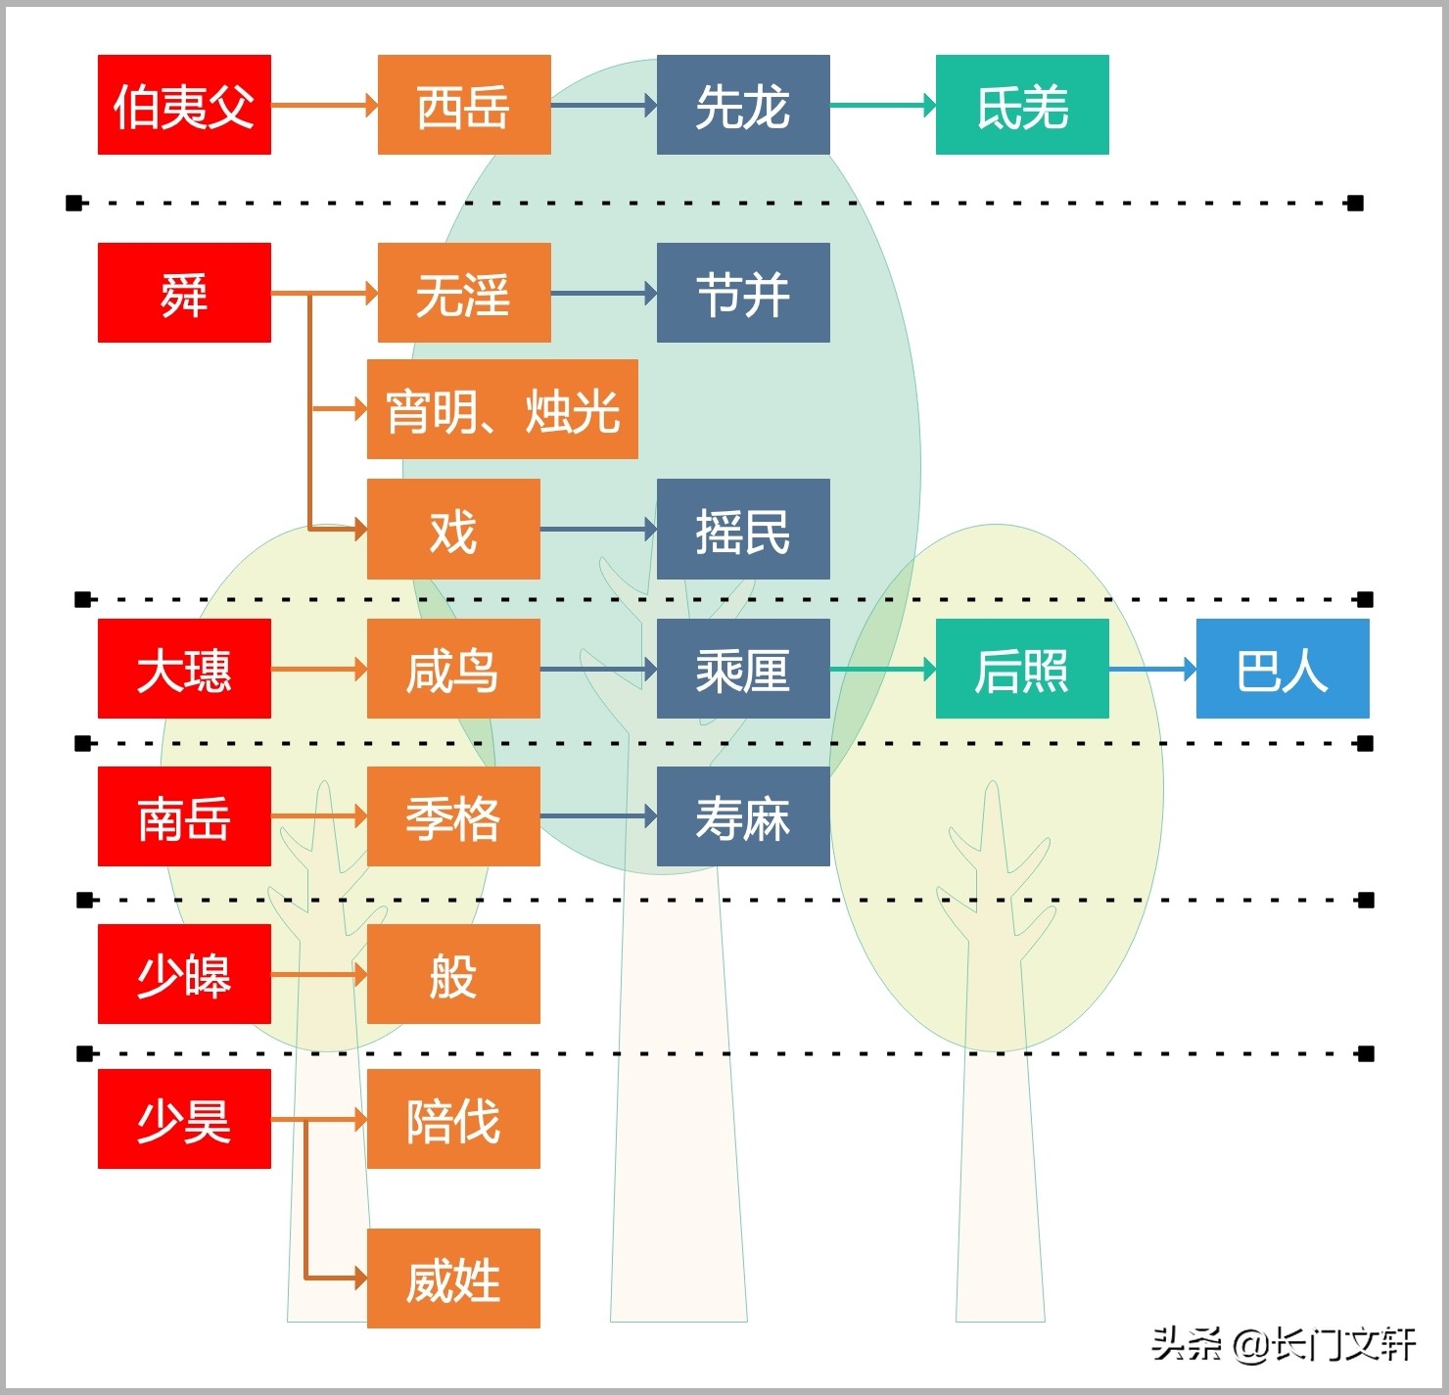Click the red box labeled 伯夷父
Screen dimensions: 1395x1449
tap(184, 105)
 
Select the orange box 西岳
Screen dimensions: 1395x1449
tap(464, 105)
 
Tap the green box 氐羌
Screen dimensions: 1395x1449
tap(1022, 105)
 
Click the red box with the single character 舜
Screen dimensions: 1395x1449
tap(184, 293)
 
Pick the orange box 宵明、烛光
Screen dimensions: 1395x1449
tap(502, 409)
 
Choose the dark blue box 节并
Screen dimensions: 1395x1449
tap(743, 293)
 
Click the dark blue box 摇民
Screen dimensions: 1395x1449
tap(743, 530)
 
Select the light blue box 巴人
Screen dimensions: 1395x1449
tap(1283, 669)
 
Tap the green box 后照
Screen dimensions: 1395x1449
tap(1022, 669)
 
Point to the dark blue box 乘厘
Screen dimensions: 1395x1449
tap(743, 669)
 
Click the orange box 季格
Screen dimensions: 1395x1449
tap(453, 816)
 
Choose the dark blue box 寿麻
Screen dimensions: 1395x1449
tap(743, 816)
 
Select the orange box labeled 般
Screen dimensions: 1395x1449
tap(453, 974)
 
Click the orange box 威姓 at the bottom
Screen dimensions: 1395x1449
tap(453, 1279)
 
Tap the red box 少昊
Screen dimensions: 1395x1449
tap(184, 1119)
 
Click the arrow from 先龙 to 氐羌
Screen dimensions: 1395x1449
tap(882, 105)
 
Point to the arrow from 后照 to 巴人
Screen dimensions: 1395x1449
tap(1152, 670)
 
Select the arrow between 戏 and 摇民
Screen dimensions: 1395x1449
tap(598, 530)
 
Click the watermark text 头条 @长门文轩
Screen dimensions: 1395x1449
tap(1283, 1345)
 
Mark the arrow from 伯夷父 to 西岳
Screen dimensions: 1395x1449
tap(324, 105)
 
